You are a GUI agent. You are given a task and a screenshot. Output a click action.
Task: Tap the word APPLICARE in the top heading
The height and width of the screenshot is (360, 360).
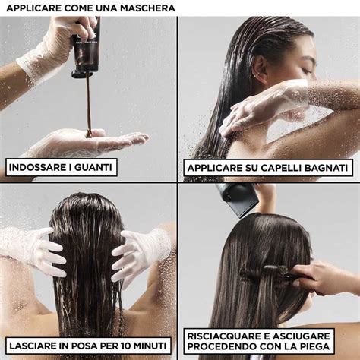click(x=33, y=8)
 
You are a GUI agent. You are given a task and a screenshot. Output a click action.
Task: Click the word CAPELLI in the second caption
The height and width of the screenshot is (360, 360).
click(x=278, y=167)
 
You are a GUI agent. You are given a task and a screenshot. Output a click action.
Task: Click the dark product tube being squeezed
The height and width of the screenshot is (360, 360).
click(x=85, y=49)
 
